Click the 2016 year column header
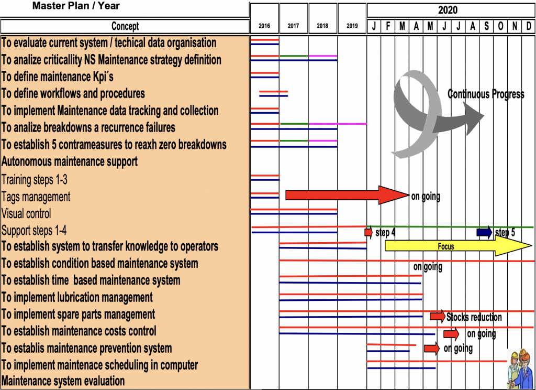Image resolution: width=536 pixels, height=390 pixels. coord(264,26)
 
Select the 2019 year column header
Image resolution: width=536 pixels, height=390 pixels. coord(352,26)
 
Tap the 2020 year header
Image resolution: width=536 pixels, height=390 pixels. coord(448,10)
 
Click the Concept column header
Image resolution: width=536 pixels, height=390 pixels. coord(125,26)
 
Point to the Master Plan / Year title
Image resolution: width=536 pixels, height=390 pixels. coord(76,6)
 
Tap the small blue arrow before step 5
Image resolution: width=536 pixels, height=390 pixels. coord(484,232)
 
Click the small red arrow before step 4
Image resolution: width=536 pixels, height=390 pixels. coord(368,232)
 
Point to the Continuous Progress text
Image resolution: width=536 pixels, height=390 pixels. coord(486,94)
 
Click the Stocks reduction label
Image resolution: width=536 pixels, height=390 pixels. coord(474,317)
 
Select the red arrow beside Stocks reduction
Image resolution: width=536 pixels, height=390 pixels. coord(437,316)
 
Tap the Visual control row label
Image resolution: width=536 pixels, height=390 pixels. coord(26,214)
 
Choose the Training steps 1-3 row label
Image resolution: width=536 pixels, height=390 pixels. coord(35,180)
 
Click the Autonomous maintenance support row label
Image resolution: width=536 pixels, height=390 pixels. coord(70,161)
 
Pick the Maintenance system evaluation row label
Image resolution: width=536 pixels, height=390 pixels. coord(63,381)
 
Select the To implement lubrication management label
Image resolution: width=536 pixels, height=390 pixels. coord(77,298)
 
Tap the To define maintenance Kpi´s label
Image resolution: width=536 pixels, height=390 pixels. coord(58,77)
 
